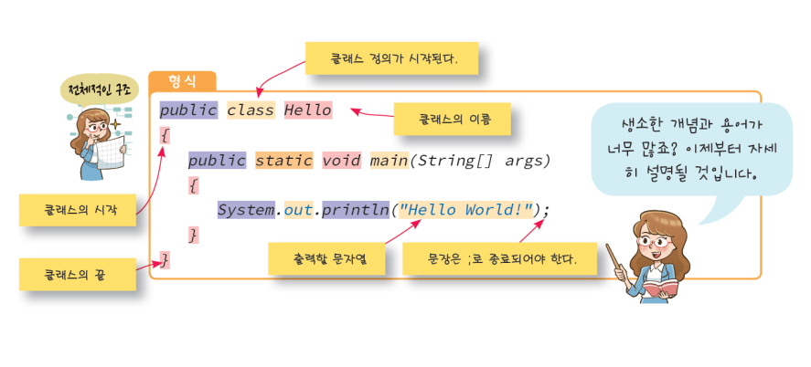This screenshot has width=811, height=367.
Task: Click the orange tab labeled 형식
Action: pos(182,81)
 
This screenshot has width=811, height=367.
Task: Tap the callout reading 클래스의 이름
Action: pos(452,119)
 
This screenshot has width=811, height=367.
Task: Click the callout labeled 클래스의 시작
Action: pos(78,209)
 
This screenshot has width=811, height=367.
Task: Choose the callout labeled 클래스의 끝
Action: pos(78,273)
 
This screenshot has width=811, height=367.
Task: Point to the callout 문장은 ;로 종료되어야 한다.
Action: pos(501,258)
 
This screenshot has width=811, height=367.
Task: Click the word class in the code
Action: pos(251,110)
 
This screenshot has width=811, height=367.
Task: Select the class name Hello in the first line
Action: pos(307,110)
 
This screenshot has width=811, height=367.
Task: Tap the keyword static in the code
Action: pos(283,161)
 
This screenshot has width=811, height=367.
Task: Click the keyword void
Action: pos(341,161)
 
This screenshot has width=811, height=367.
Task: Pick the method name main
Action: pos(389,161)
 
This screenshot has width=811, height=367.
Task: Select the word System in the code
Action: pos(245,210)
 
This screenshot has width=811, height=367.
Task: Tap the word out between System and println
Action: pos(298,210)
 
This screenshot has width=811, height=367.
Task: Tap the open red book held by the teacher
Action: pos(659,288)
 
